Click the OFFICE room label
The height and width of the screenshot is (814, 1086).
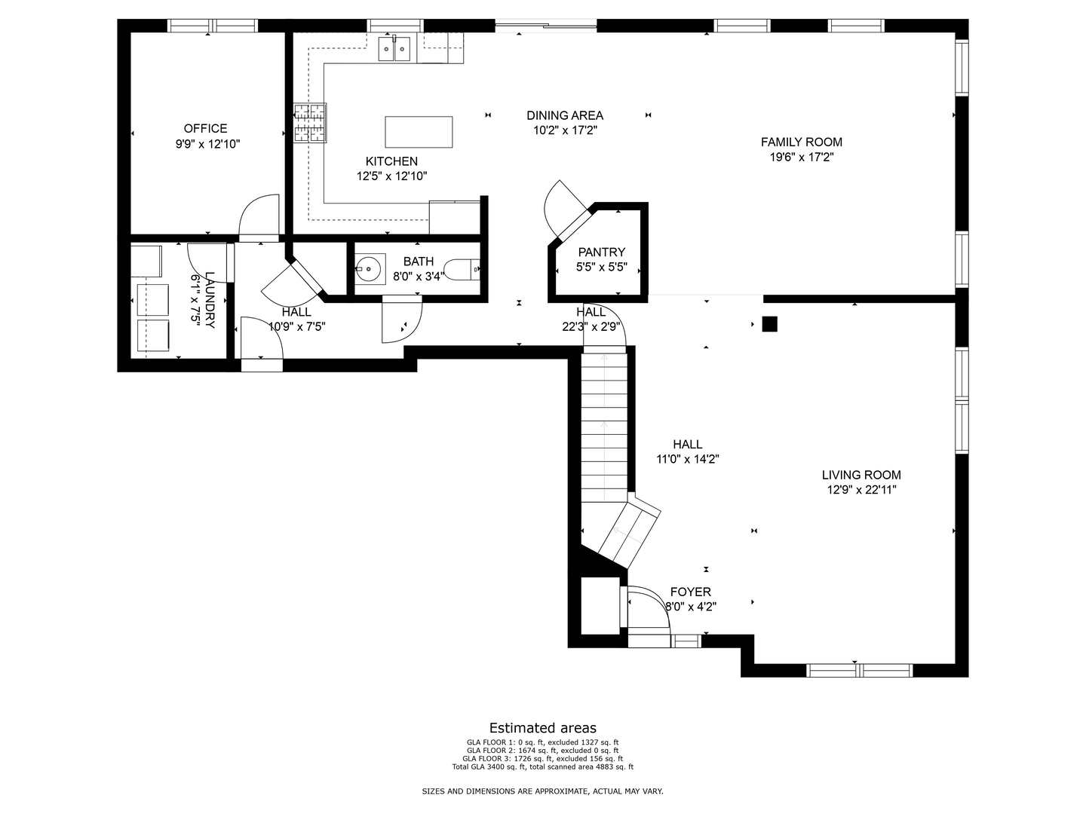tap(205, 128)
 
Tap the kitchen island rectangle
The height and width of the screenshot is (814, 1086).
tap(419, 132)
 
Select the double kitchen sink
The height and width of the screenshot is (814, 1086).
tap(394, 49)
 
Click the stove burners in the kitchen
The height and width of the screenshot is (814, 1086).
tap(310, 123)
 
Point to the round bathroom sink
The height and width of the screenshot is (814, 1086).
tap(370, 269)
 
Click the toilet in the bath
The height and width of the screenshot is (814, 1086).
tap(462, 270)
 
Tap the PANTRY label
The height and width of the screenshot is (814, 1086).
tap(602, 252)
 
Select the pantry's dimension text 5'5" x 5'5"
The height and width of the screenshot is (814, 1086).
tap(602, 268)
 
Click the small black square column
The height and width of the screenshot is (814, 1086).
tap(769, 324)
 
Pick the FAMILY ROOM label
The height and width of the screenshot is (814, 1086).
tap(802, 142)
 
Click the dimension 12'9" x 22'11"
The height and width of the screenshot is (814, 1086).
tap(861, 490)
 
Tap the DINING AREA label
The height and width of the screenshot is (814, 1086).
tap(565, 115)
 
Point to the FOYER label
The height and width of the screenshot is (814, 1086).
tap(691, 592)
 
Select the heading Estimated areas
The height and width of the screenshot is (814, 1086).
tap(543, 728)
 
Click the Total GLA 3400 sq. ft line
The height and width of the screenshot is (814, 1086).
tap(543, 767)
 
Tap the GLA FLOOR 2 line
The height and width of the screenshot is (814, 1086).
tap(543, 750)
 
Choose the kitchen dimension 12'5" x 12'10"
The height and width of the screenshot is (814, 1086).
tap(392, 176)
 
